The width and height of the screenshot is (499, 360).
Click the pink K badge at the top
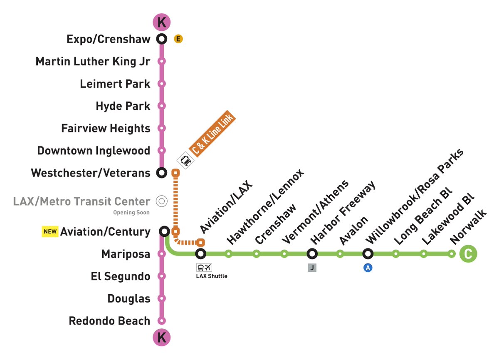pyautogui.click(x=162, y=22)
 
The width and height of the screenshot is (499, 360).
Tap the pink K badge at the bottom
pyautogui.click(x=162, y=338)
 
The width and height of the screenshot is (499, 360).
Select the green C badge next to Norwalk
pyautogui.click(x=468, y=254)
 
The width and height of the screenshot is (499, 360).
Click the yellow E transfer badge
pyautogui.click(x=178, y=39)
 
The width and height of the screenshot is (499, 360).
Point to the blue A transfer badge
pyautogui.click(x=368, y=268)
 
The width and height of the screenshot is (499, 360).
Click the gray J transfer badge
pyautogui.click(x=312, y=268)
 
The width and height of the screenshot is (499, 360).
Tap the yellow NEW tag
pyautogui.click(x=50, y=231)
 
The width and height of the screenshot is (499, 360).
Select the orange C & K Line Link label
pyautogui.click(x=212, y=135)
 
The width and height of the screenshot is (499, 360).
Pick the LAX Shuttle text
pyautogui.click(x=212, y=276)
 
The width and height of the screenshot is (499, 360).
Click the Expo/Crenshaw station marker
pyautogui.click(x=162, y=39)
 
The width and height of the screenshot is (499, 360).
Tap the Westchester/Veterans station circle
pyautogui.click(x=162, y=172)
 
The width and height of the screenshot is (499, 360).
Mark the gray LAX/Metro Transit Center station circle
pyautogui.click(x=162, y=201)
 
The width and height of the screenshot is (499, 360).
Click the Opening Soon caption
pyautogui.click(x=131, y=213)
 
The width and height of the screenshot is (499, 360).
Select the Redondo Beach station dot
pyautogui.click(x=162, y=320)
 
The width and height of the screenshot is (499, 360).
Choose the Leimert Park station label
pyautogui.click(x=115, y=84)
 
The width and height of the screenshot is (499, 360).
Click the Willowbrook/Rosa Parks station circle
pyautogui.click(x=368, y=253)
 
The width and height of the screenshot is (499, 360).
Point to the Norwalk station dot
pyautogui.click(x=452, y=253)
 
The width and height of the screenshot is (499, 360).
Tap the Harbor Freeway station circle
pyautogui.click(x=312, y=253)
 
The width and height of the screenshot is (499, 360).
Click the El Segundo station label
pyautogui.click(x=121, y=276)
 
